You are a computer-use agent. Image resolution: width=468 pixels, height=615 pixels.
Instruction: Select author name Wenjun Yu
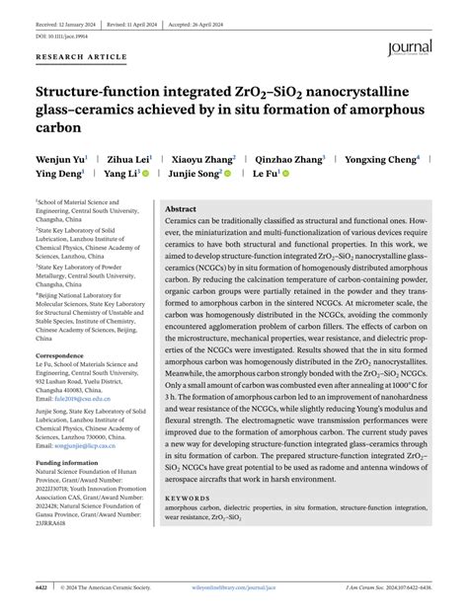(x=59, y=158)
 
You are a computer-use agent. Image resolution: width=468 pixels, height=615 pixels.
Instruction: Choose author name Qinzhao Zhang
(x=288, y=158)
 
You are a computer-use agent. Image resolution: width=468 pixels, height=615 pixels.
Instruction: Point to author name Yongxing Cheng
(x=381, y=158)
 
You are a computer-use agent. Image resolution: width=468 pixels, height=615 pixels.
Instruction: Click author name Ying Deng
(x=58, y=174)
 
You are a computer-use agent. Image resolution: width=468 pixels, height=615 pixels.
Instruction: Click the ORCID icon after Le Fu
(x=280, y=174)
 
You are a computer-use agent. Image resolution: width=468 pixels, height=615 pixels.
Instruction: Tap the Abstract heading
(x=181, y=209)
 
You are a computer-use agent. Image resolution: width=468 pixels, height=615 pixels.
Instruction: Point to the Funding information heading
(x=67, y=462)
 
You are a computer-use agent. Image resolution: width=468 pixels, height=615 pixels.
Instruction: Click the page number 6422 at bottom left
(x=42, y=586)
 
